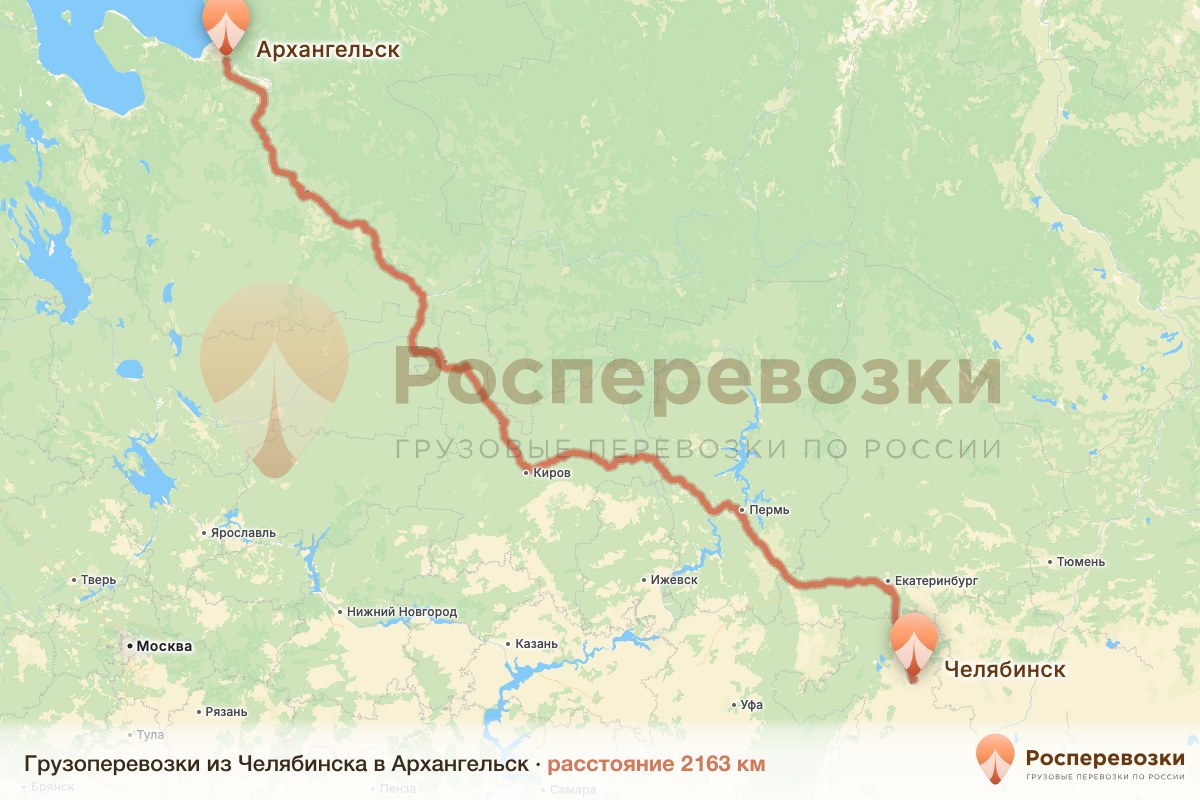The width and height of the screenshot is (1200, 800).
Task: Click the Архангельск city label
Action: click(x=328, y=49)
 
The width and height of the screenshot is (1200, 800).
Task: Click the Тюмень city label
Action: click(x=1083, y=562)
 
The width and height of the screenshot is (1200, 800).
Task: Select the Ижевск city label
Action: click(x=673, y=580)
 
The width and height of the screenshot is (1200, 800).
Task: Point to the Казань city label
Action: click(x=537, y=644)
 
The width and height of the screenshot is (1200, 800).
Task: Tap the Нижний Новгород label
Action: click(x=402, y=612)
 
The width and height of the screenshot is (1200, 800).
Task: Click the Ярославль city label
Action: click(x=243, y=533)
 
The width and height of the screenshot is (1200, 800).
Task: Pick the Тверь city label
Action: click(x=98, y=580)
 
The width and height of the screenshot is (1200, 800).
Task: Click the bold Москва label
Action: click(x=164, y=646)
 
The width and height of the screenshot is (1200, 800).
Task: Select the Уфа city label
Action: click(x=752, y=705)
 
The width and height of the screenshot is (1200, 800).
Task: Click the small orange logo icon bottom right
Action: click(x=996, y=759)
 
